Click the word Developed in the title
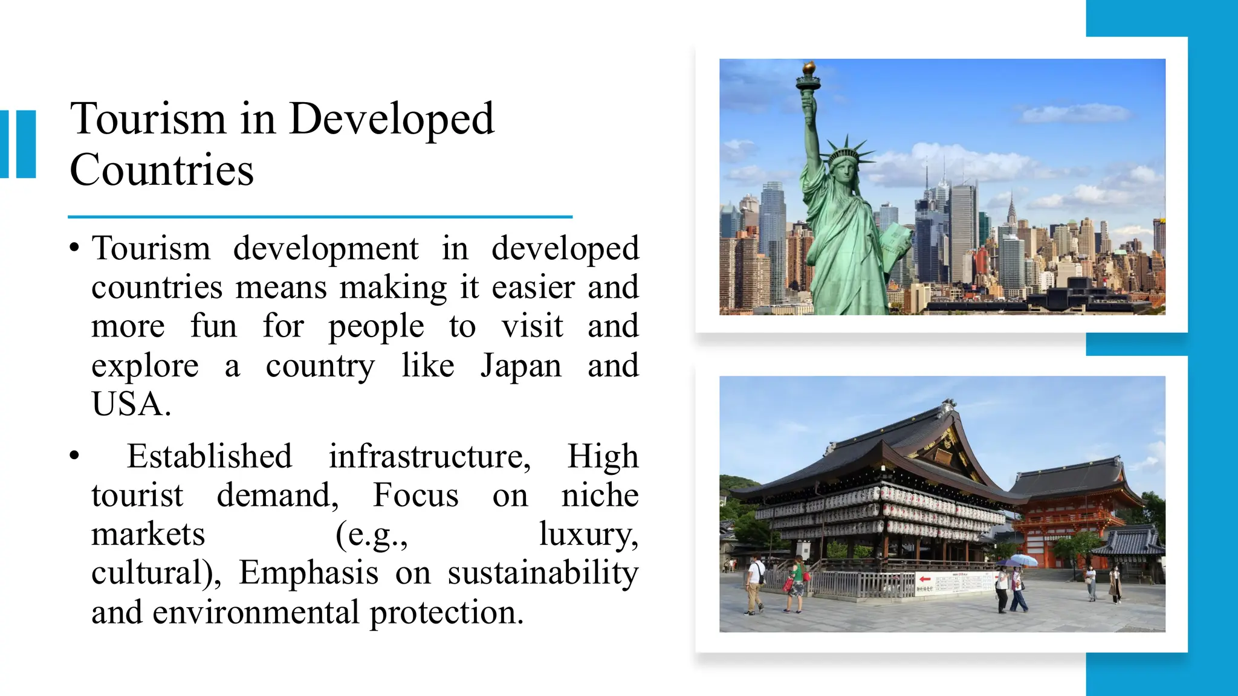coord(392,119)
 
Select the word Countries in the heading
coord(161,170)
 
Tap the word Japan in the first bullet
coord(521,366)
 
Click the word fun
coord(213,326)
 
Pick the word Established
coord(209,456)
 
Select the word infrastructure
coord(430,456)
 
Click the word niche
coord(600,495)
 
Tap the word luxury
coord(588,534)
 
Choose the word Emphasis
coord(308,573)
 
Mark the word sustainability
coord(543,574)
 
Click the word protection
coord(446,613)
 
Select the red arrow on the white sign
coord(924,579)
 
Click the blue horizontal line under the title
coord(320,216)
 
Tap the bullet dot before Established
coord(74,456)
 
